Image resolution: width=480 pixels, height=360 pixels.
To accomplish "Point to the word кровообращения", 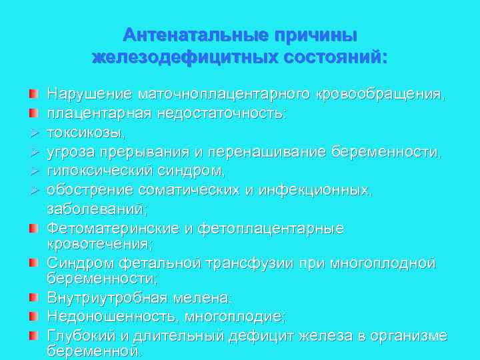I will click(379, 95).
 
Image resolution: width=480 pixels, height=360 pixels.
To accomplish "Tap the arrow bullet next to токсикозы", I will click(33, 133).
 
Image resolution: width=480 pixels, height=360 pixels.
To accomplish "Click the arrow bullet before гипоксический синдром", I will click(33, 171).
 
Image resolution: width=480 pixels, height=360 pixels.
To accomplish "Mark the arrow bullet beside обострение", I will click(33, 191).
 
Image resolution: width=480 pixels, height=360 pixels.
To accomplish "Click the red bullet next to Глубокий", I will click(33, 335).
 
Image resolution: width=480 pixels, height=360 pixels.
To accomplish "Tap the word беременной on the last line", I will click(93, 351).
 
